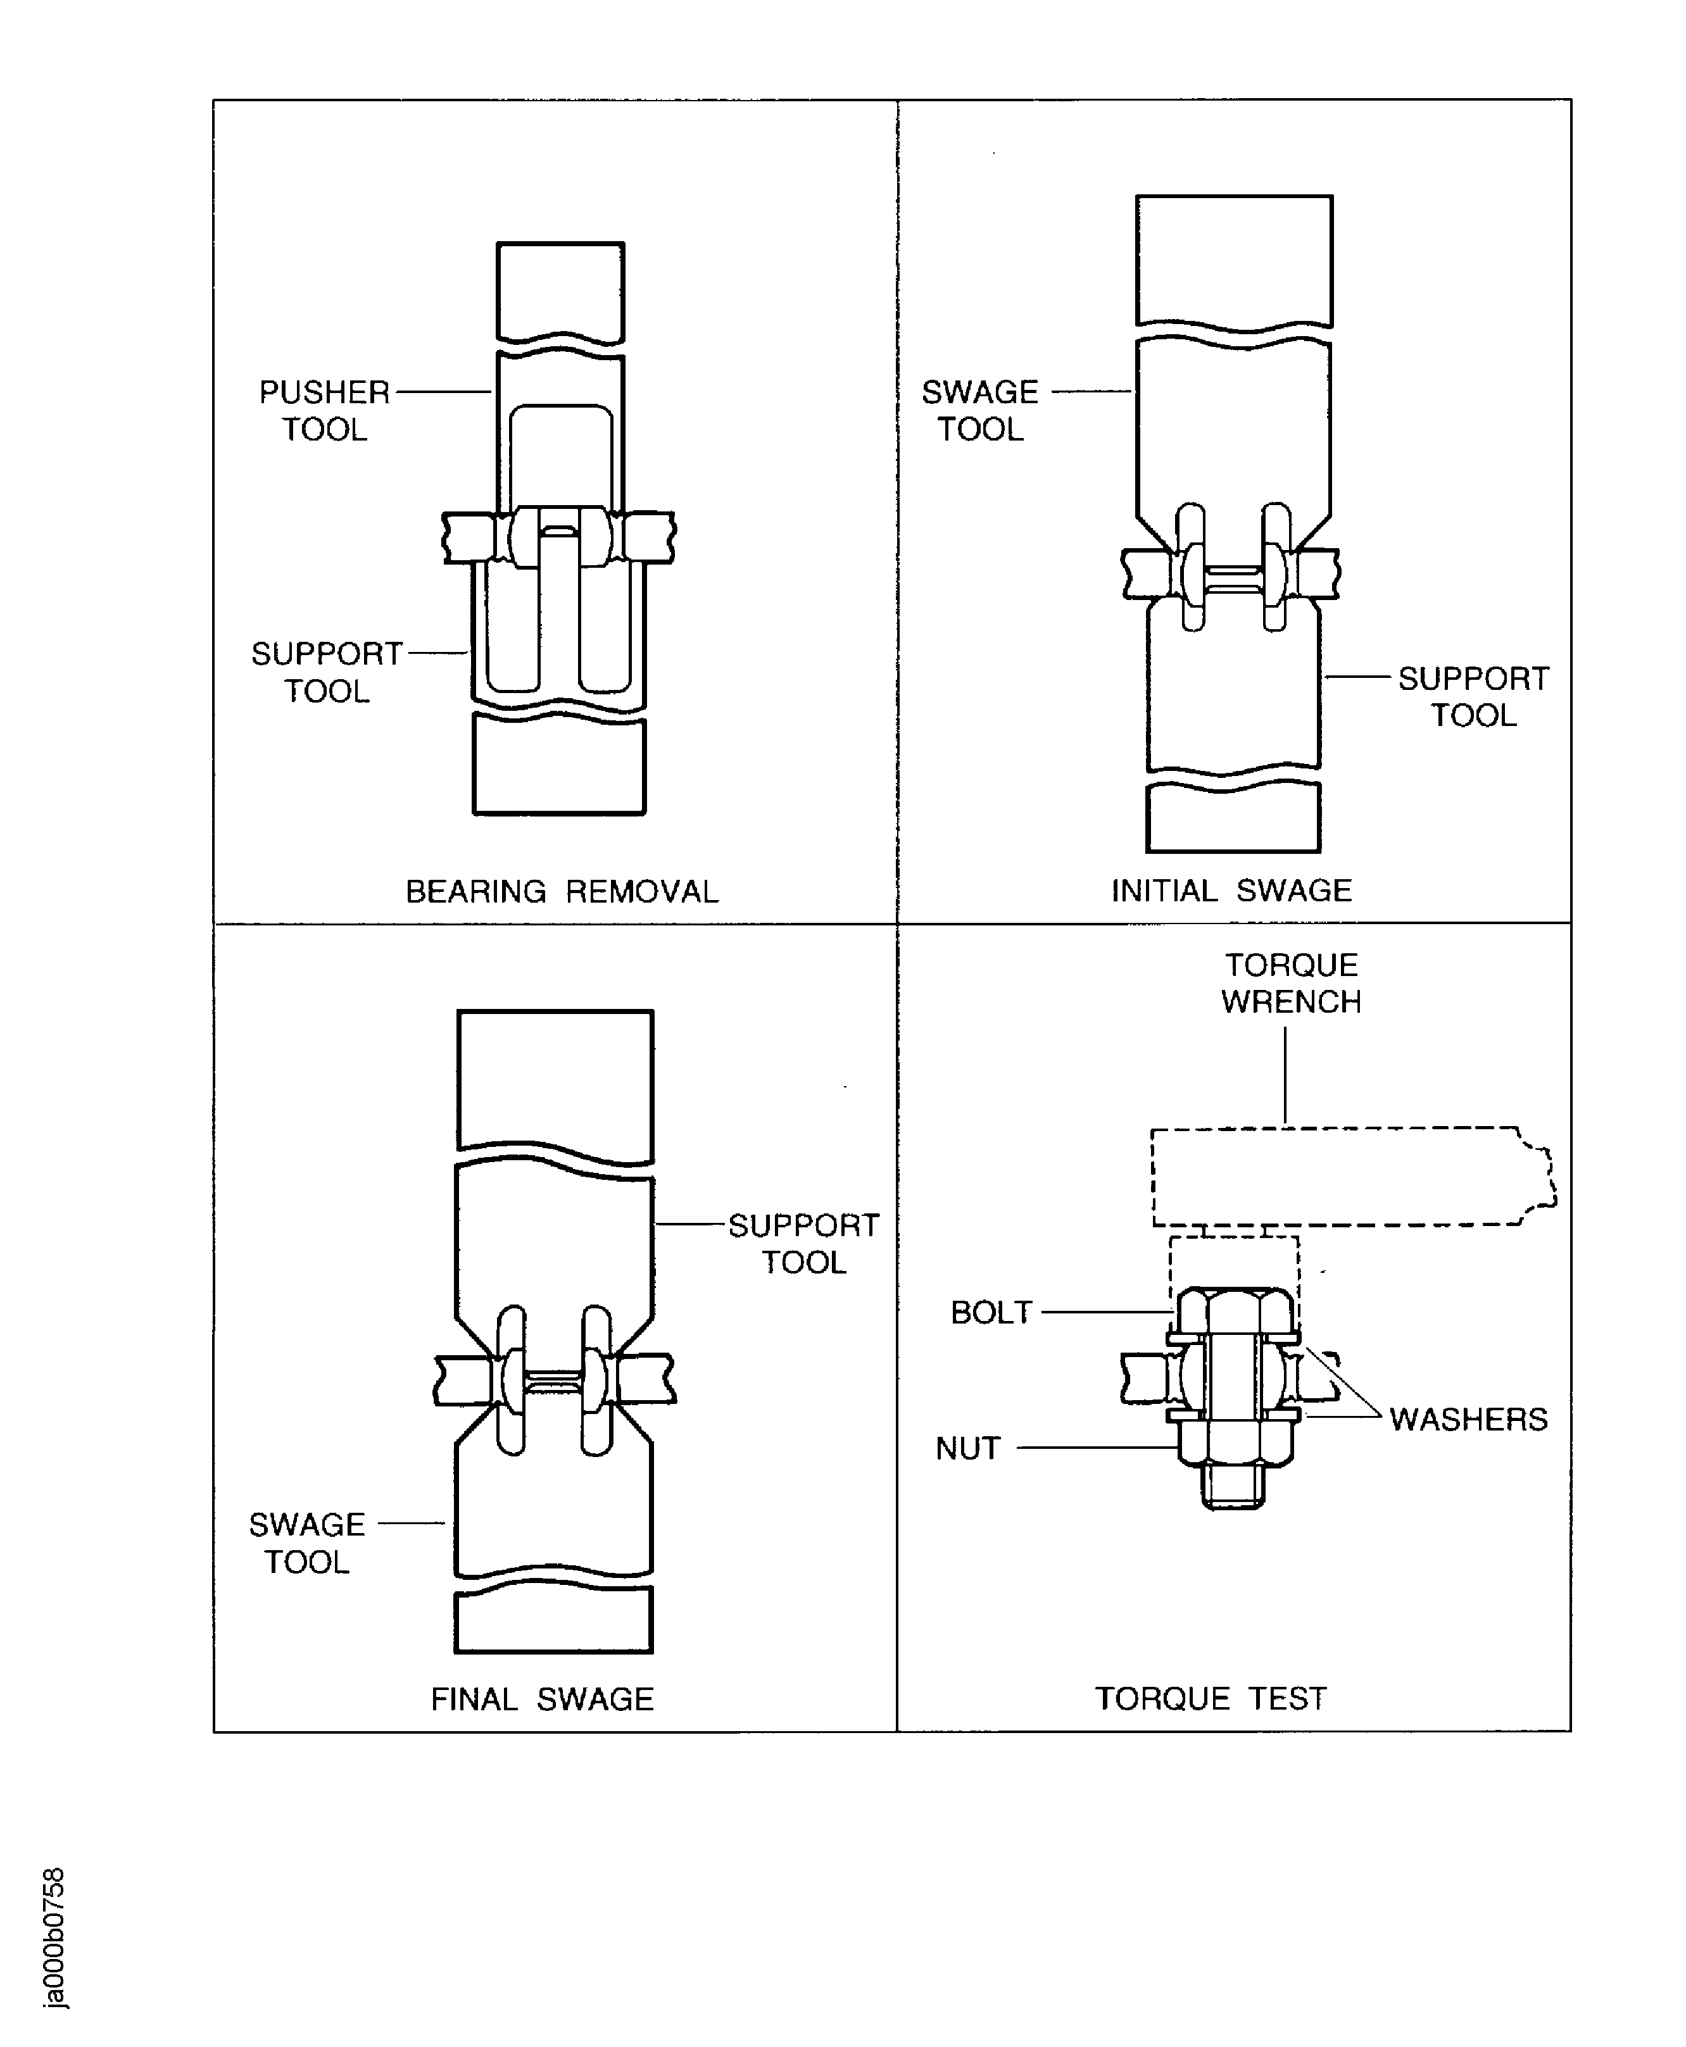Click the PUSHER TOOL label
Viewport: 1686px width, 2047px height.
[324, 410]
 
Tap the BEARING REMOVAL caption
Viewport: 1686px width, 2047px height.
[562, 891]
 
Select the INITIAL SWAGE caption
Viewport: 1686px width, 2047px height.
[1231, 891]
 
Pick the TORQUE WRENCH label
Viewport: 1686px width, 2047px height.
[1291, 983]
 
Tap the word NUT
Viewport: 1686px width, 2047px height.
[967, 1449]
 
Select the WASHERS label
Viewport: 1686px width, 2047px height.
[1468, 1420]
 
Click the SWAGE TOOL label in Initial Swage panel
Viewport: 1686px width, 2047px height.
[980, 410]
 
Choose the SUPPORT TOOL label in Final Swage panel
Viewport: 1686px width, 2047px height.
[803, 1244]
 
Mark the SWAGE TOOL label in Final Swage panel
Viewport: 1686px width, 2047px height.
[307, 1543]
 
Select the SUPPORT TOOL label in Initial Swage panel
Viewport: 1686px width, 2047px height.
[1473, 696]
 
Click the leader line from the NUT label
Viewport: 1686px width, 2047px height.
[1097, 1448]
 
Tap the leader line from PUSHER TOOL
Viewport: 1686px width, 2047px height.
[443, 392]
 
